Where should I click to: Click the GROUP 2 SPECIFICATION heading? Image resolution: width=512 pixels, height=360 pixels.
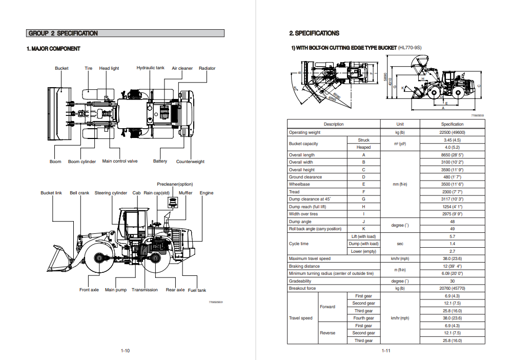pos(63,33)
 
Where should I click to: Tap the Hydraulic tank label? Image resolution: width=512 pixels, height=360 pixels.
pos(150,68)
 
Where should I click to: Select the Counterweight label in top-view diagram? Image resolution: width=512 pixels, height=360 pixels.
pos(190,162)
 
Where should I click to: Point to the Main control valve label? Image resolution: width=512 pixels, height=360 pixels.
pos(120,161)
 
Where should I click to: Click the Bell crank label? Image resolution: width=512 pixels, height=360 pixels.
pos(79,193)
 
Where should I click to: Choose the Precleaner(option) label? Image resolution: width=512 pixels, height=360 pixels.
pos(175,184)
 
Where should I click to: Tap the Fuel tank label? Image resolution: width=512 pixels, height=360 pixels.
pos(197,290)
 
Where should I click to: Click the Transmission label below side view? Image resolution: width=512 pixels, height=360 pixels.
pos(145,290)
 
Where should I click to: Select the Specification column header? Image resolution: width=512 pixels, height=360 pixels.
pos(452,124)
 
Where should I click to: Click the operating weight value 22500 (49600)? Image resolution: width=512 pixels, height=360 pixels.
pos(452,132)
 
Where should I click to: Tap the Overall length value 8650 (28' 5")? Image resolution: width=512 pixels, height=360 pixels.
pos(452,155)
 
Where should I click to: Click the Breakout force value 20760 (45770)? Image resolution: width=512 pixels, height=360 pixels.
pos(452,288)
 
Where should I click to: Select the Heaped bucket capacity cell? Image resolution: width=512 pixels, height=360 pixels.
pos(363,147)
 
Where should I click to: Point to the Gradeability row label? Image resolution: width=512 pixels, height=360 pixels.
pos(300,281)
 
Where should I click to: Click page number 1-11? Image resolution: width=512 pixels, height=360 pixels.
pos(386,351)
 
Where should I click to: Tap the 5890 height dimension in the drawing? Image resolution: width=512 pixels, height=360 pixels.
pos(385,75)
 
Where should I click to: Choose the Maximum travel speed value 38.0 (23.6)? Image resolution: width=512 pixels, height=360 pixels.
pos(452,258)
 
